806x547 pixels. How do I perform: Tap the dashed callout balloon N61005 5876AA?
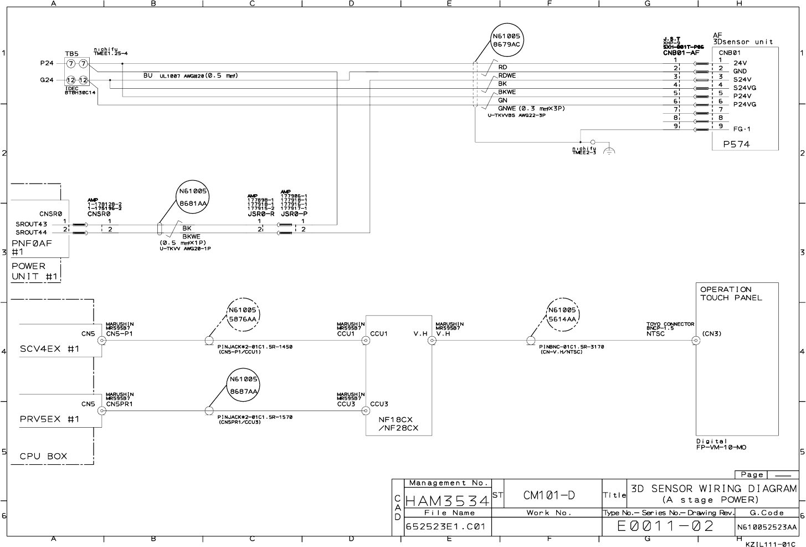point(243,315)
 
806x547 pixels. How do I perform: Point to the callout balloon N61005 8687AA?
point(243,385)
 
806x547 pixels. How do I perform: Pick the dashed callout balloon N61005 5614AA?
point(562,315)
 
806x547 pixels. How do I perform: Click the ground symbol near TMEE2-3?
point(609,151)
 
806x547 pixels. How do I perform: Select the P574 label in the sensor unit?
point(736,144)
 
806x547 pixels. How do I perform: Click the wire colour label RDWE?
point(507,75)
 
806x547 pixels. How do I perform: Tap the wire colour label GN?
point(502,100)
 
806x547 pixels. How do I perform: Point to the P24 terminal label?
point(47,64)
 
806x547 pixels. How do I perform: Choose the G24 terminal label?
point(47,80)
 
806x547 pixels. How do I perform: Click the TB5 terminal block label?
point(71,54)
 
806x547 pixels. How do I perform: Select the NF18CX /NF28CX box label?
point(398,424)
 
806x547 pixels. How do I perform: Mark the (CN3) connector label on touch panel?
point(711,334)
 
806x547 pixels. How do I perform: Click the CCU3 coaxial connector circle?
point(366,411)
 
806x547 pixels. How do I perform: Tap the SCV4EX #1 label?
point(50,349)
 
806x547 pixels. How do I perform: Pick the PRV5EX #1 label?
point(50,419)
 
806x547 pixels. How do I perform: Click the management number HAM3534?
point(447,501)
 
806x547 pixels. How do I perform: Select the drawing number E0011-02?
point(666,526)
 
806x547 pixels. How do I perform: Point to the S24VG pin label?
point(745,88)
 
